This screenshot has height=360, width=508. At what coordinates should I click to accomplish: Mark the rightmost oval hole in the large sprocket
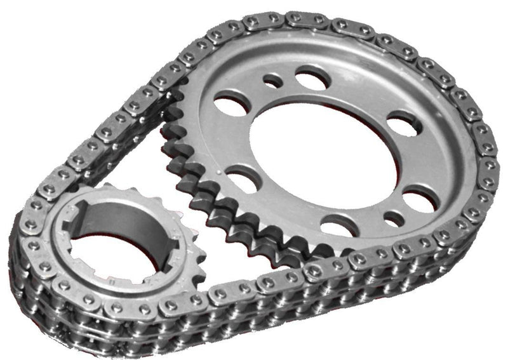click(x=420, y=202)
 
